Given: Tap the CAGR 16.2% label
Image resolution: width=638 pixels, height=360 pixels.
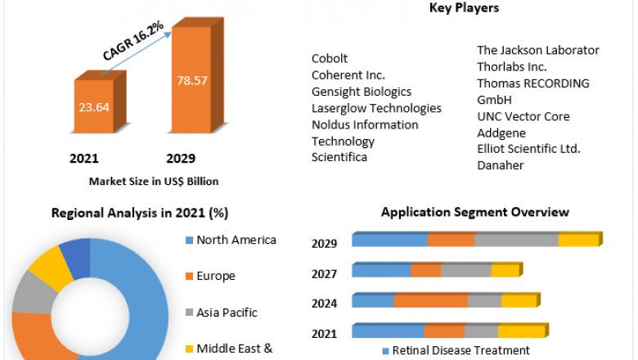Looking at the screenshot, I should [133, 42].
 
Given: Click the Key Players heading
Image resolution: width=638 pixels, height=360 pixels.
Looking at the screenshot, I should [464, 8].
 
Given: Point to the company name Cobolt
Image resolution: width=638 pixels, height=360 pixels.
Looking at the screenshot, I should [330, 58].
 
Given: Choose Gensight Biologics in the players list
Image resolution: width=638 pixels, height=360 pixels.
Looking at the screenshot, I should [361, 92].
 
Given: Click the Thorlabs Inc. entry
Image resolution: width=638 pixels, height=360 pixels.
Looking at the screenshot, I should [512, 66].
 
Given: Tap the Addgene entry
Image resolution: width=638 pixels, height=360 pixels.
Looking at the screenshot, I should [501, 133].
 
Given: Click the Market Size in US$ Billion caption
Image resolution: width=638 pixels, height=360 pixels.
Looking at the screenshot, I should [154, 181].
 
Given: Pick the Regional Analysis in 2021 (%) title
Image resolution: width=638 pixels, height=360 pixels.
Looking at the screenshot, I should [140, 213].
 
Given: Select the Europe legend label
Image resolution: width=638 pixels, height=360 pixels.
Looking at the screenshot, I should [215, 276].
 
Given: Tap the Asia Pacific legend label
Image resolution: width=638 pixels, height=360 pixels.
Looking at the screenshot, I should [227, 312].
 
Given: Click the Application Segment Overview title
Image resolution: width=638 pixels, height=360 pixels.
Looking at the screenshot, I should [475, 212].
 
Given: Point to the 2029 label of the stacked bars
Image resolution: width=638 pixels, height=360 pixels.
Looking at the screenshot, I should [325, 243].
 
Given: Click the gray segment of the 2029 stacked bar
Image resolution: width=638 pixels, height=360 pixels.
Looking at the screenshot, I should [515, 240].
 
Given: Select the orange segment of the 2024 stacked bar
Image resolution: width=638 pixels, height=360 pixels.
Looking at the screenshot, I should [430, 300].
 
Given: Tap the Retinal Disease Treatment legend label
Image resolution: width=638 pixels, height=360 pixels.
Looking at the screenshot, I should [461, 350].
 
